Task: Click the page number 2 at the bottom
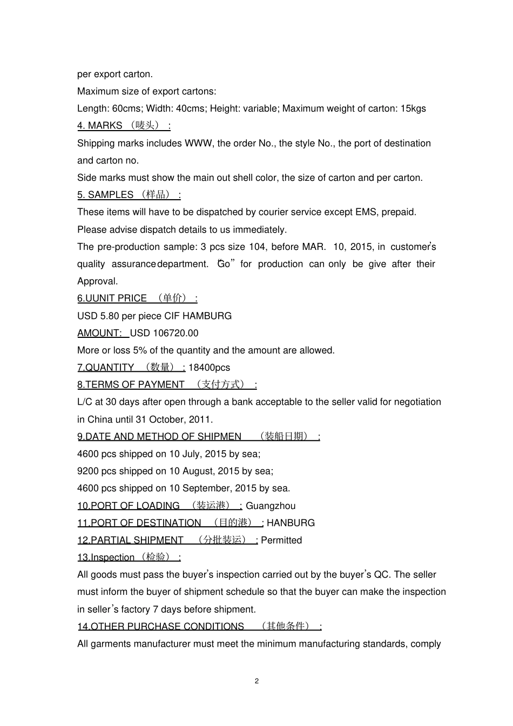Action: click(256, 681)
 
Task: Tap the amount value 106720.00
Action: click(175, 333)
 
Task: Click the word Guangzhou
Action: click(271, 506)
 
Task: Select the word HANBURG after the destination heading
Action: click(291, 523)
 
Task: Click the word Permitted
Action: click(281, 540)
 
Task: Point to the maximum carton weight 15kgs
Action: click(413, 108)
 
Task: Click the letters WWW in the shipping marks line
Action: click(199, 143)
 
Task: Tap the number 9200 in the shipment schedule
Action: click(88, 471)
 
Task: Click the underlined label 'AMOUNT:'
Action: click(99, 333)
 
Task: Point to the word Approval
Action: click(97, 281)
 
